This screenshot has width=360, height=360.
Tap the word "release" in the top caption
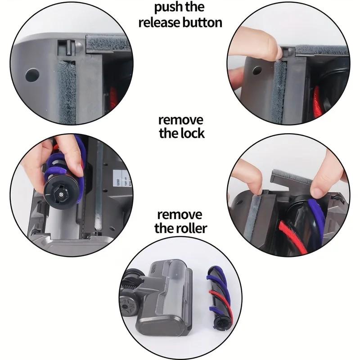point(158,22)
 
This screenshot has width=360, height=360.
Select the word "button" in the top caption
point(201,22)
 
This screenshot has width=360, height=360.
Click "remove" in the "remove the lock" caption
point(180,120)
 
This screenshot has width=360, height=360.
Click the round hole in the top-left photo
point(32,75)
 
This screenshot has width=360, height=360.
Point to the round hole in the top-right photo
point(257,70)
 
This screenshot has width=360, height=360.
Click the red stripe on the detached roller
point(215,299)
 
